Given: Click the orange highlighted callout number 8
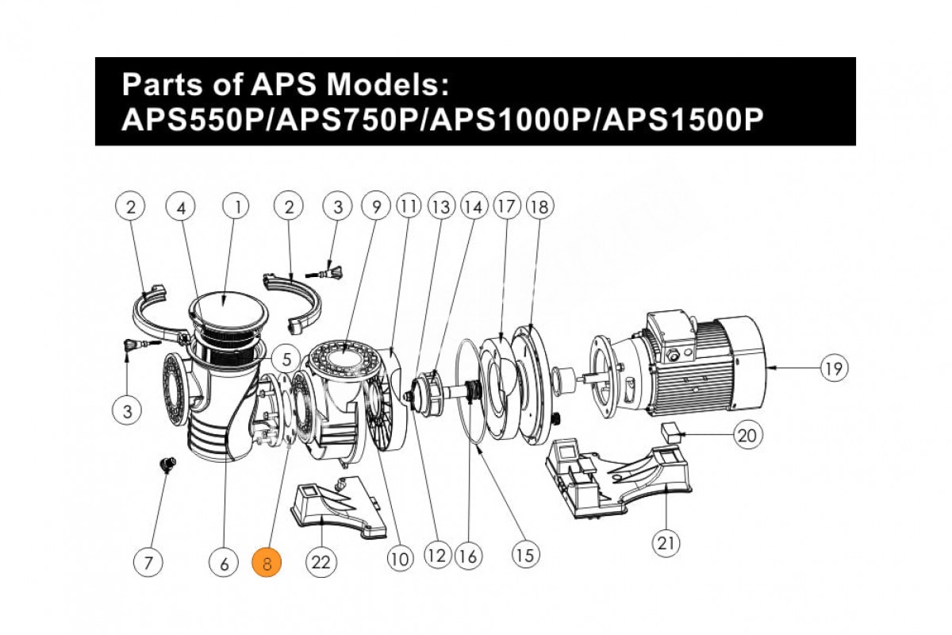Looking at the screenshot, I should [x=267, y=563].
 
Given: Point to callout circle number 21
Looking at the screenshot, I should [x=665, y=543].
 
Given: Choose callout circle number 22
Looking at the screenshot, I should [x=321, y=563].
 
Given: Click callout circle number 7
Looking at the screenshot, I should [x=148, y=563].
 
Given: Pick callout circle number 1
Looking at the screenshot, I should [x=236, y=207].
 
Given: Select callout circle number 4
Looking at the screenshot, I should [x=181, y=207].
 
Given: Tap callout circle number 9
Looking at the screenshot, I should [x=376, y=207].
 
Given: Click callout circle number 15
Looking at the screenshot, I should [x=524, y=553].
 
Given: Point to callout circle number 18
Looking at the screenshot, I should [x=539, y=207].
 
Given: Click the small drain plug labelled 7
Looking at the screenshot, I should [x=167, y=465].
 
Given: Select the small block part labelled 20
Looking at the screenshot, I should [x=672, y=431].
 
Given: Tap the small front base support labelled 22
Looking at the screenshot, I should [x=337, y=508].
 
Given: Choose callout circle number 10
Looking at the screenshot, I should [x=401, y=559].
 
